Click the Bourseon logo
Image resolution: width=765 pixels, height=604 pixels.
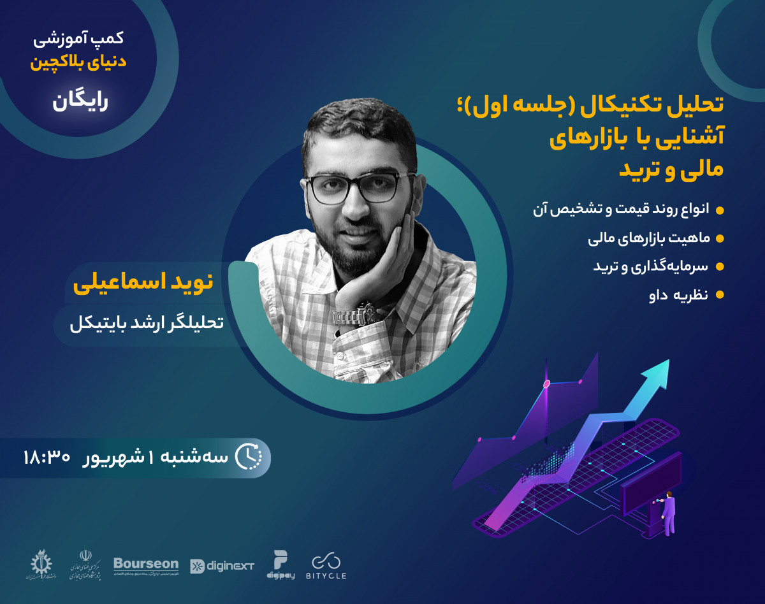[x=145, y=564]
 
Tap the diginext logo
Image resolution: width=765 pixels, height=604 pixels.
[x=222, y=566]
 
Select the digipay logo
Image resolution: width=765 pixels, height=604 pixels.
[x=280, y=564]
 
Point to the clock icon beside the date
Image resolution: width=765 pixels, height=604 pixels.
[x=249, y=456]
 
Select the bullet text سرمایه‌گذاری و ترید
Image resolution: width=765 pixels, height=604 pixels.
[x=650, y=266]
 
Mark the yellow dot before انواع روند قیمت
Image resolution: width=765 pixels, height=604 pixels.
[x=720, y=210]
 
